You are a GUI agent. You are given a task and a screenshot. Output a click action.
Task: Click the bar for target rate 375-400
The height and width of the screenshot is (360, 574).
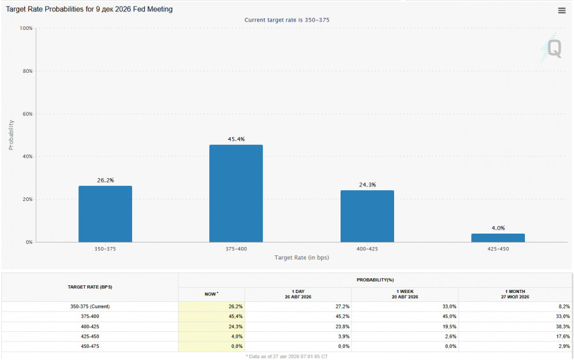pos(236,193)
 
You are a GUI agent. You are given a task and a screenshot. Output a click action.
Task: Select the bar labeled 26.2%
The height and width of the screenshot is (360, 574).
pos(105,214)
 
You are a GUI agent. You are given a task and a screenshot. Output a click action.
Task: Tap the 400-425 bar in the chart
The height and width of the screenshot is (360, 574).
pos(367,216)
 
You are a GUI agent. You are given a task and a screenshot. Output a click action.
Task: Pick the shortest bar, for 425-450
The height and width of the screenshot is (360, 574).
pos(498,237)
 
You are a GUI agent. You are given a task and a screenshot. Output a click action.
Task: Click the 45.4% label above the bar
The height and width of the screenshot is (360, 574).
pos(236,139)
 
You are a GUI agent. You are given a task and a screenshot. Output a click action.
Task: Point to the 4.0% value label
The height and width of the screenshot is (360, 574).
pos(498,228)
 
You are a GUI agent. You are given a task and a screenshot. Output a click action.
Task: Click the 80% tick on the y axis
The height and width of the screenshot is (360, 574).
pos(27,71)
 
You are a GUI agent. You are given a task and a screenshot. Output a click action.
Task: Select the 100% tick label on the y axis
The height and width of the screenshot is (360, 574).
pos(26,28)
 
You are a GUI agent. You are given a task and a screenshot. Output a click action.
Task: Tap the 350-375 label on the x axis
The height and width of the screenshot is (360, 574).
pos(105,249)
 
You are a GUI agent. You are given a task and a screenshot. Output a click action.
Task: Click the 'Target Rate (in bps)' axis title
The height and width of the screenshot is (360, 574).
pos(302,257)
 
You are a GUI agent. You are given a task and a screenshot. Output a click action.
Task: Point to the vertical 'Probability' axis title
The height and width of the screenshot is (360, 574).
pos(11,135)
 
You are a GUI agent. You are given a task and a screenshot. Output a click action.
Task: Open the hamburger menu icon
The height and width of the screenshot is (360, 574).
pos(561,11)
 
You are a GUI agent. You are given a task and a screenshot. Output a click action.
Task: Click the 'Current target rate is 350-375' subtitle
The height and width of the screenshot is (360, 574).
pos(286,20)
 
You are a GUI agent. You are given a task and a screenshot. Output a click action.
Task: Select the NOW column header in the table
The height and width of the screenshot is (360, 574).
pos(211,294)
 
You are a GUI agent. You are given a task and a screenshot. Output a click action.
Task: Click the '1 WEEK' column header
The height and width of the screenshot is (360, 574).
pos(404,292)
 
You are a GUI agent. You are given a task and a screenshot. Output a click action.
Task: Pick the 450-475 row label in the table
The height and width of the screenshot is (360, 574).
pos(90,346)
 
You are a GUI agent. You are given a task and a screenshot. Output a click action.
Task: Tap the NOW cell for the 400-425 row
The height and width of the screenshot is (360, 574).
pos(235,326)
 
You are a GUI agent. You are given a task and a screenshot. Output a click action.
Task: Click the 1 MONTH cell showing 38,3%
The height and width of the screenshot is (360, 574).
pos(563,326)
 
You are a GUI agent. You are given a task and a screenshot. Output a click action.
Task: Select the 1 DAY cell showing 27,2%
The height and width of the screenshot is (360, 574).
pos(342,306)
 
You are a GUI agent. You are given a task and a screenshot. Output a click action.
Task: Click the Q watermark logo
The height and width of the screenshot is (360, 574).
pos(551,48)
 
